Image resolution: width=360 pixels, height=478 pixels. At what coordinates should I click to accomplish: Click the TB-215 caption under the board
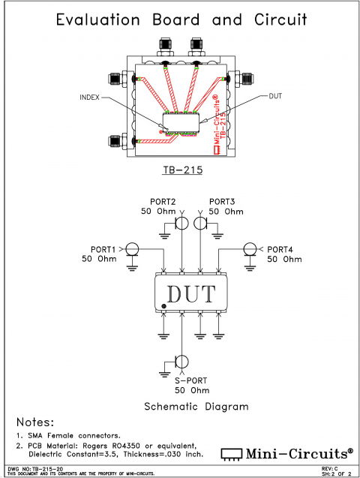[x=183, y=170]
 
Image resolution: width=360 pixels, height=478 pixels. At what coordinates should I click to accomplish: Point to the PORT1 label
[x=102, y=249]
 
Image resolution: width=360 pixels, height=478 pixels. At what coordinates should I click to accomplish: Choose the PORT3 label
[x=222, y=202]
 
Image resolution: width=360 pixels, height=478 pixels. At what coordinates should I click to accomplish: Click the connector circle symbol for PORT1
[x=131, y=248]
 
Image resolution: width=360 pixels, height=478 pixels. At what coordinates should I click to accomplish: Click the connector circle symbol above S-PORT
[x=181, y=361]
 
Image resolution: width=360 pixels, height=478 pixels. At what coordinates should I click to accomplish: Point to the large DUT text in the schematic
[x=190, y=293]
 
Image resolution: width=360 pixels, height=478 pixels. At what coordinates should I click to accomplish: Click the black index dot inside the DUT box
[x=163, y=307]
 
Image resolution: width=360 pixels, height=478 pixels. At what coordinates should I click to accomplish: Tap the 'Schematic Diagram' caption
[x=196, y=407]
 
